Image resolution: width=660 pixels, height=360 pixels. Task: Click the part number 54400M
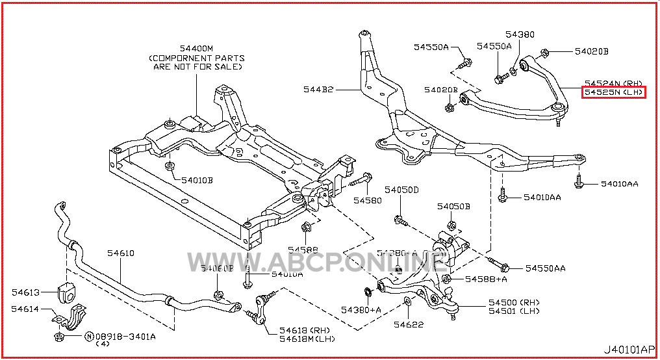[196, 48]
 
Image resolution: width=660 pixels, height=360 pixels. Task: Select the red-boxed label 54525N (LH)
[613, 93]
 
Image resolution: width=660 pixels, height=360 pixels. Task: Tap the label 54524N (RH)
[613, 84]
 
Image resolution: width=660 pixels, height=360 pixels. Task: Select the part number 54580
[368, 201]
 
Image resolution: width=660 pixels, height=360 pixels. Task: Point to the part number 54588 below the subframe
[303, 250]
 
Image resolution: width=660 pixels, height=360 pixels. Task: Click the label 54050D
[401, 190]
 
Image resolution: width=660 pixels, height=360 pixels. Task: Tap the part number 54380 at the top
[520, 34]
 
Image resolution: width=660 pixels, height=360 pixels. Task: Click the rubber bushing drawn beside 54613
[67, 292]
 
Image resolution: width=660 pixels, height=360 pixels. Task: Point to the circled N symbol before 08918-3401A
[89, 337]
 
